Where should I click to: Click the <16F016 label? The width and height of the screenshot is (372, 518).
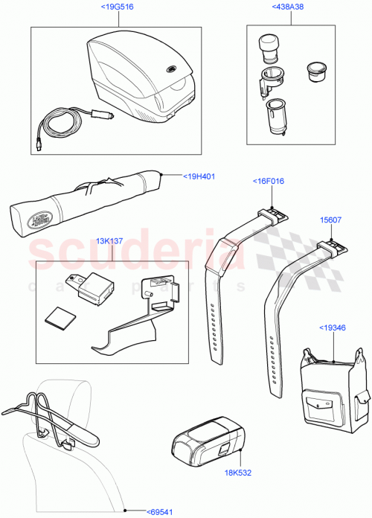coord(271,180)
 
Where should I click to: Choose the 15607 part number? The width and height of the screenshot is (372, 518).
coord(330,220)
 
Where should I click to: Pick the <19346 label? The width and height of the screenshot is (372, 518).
coord(333,327)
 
